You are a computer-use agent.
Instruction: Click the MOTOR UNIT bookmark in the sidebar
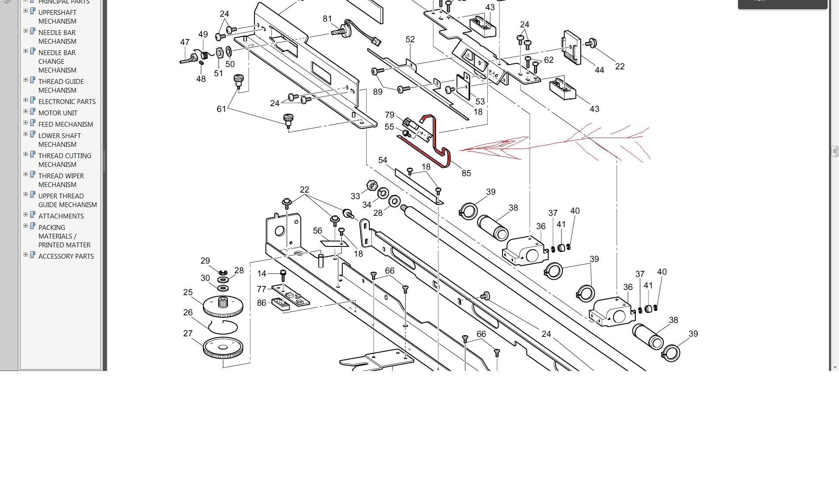tap(58, 113)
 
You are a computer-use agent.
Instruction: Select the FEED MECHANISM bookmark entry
tap(66, 124)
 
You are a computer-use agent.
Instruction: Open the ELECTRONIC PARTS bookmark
tap(67, 101)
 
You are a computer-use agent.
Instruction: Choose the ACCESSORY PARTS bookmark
tap(66, 256)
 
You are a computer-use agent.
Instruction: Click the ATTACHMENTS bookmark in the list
tap(61, 216)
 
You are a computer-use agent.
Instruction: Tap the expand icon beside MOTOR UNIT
tap(25, 112)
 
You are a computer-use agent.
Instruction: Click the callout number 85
tap(466, 173)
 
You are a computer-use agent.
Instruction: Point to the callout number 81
tap(327, 19)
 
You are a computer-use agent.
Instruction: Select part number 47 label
tap(185, 42)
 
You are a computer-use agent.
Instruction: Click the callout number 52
tap(410, 39)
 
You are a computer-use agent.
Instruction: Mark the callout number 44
tap(599, 70)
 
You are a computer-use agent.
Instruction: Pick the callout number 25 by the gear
tap(188, 292)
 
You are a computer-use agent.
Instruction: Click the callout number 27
tap(188, 333)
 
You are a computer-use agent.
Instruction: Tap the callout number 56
tap(318, 231)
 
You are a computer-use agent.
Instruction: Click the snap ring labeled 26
tap(223, 327)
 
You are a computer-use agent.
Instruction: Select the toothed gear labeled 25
tap(223, 306)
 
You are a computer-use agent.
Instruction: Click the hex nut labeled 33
tap(372, 185)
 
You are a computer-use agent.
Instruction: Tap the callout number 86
tap(261, 303)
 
